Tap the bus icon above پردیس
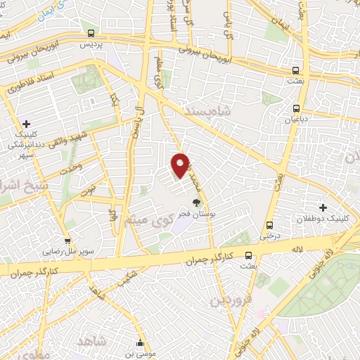coord(91,33)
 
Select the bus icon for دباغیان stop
coord(296,108)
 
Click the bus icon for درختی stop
coord(270,225)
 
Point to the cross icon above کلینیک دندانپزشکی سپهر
coord(26,124)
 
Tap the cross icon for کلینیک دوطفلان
coord(323,207)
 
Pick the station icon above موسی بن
coord(143,343)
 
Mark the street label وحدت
coord(71,167)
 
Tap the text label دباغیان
coord(296,119)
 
